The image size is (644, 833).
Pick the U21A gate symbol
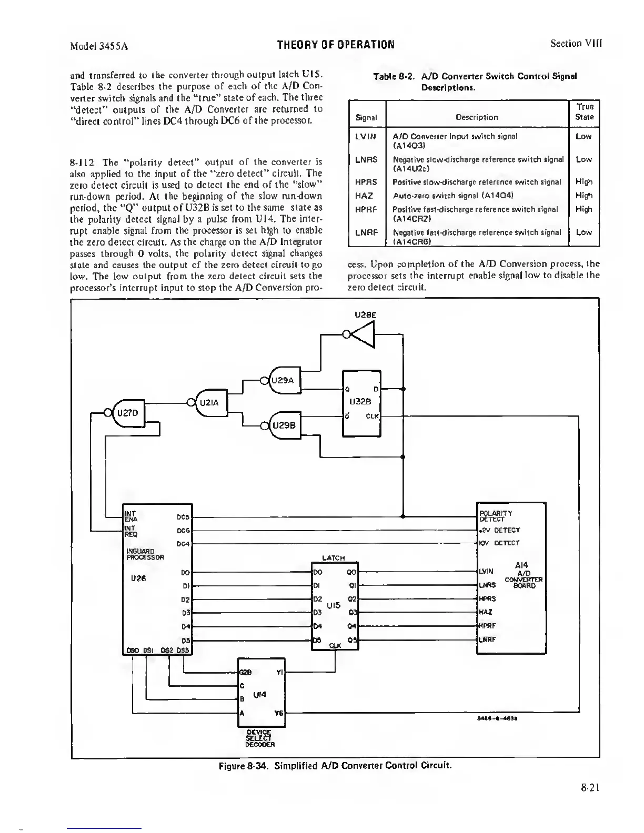(210, 403)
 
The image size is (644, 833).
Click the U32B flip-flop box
(361, 403)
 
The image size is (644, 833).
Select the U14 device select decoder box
(261, 692)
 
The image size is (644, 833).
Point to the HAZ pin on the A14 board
(485, 612)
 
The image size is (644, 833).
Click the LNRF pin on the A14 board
(487, 639)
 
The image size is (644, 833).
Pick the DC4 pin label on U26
(183, 543)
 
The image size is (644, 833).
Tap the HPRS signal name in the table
(366, 182)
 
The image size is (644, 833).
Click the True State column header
(584, 111)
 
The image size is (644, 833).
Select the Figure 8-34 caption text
(335, 765)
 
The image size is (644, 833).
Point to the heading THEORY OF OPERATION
(335, 44)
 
